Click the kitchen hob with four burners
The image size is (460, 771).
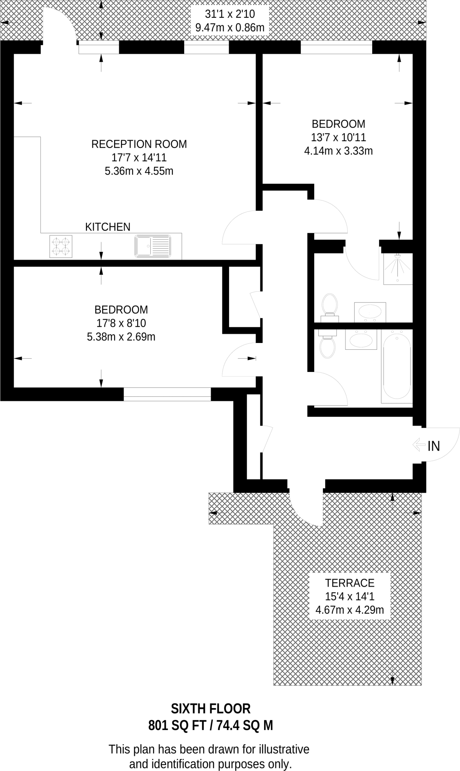[x=61, y=247]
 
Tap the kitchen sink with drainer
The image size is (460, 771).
[x=153, y=246]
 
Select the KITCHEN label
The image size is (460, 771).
[x=108, y=227]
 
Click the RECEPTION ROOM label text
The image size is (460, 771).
[x=139, y=144]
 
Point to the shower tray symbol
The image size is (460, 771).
[x=398, y=269]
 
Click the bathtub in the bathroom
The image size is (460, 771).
[x=397, y=366]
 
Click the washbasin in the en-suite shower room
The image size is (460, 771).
[x=370, y=312]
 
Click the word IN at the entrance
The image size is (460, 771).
[x=434, y=446]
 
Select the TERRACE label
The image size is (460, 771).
[x=350, y=583]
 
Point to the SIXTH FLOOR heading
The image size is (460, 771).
[x=211, y=709]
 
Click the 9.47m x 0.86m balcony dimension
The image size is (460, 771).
[x=230, y=27]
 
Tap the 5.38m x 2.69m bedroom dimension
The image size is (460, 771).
[x=121, y=337]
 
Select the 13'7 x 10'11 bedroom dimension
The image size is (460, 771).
[x=338, y=137]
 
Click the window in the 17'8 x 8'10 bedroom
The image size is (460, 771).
[x=167, y=394]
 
